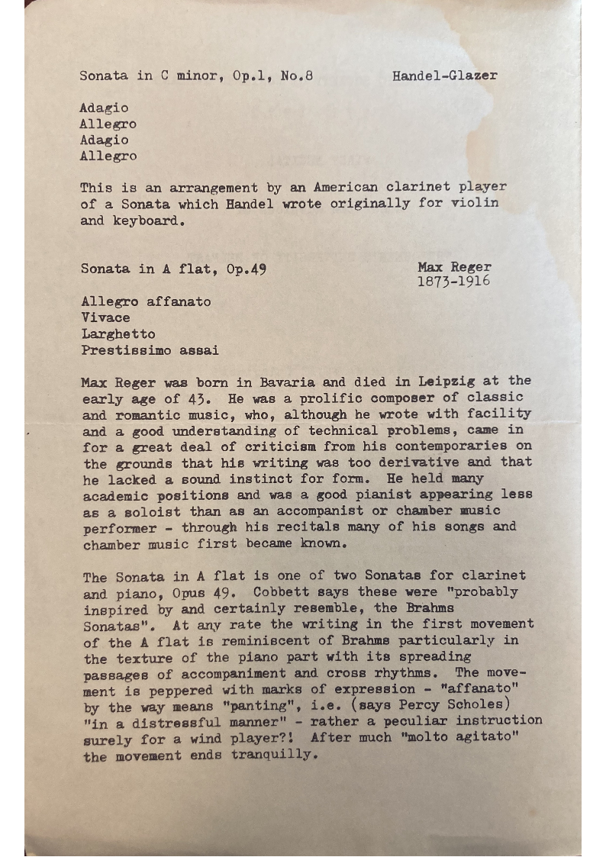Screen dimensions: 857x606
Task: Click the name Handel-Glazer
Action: pos(445,76)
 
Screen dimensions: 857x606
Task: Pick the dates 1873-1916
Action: pos(453,282)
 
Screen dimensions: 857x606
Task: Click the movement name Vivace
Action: pos(105,317)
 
